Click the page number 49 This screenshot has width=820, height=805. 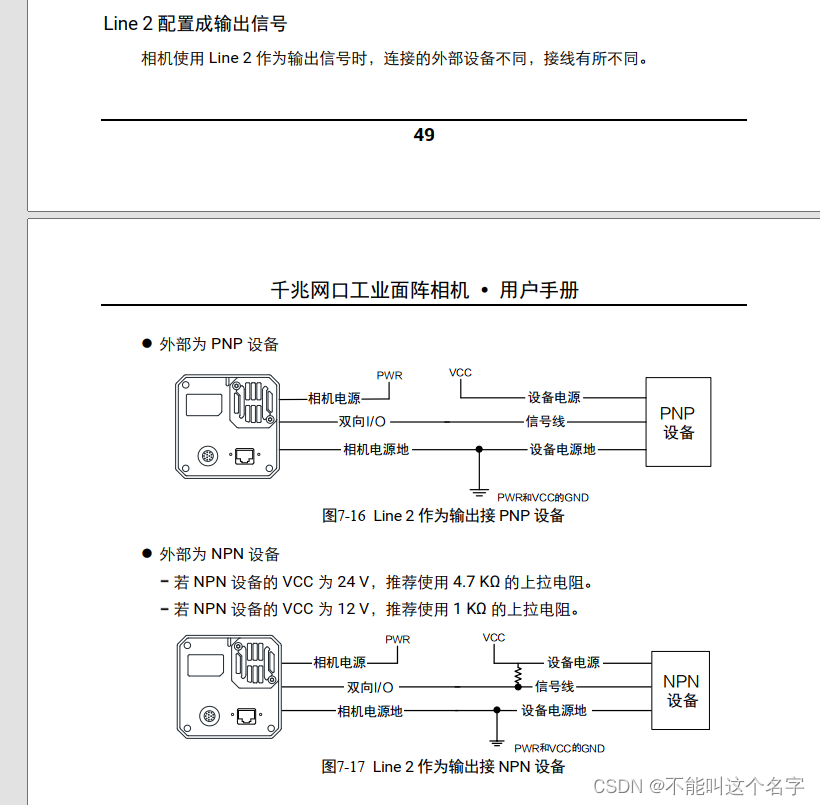pyautogui.click(x=424, y=135)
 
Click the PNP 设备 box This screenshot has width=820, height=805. pyautogui.click(x=678, y=422)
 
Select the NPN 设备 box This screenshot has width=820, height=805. pyautogui.click(x=683, y=691)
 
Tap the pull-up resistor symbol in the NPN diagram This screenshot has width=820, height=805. pyautogui.click(x=518, y=677)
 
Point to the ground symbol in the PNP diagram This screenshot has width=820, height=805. pyautogui.click(x=480, y=487)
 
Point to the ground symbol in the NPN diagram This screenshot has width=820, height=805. pyautogui.click(x=495, y=741)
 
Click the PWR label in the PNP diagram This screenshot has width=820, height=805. pyautogui.click(x=389, y=375)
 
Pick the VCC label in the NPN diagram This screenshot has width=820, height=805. pyautogui.click(x=494, y=637)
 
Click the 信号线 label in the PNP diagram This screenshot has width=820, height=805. pyautogui.click(x=546, y=422)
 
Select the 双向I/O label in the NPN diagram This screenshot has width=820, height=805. pyautogui.click(x=370, y=687)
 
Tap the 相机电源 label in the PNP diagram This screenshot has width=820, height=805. pyautogui.click(x=334, y=398)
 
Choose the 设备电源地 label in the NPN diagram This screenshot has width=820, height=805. pyautogui.click(x=554, y=710)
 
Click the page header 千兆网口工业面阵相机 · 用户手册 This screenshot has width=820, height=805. pyautogui.click(x=424, y=290)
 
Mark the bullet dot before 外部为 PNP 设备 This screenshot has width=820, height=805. pyautogui.click(x=146, y=345)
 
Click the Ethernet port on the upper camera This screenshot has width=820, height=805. pyautogui.click(x=245, y=456)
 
